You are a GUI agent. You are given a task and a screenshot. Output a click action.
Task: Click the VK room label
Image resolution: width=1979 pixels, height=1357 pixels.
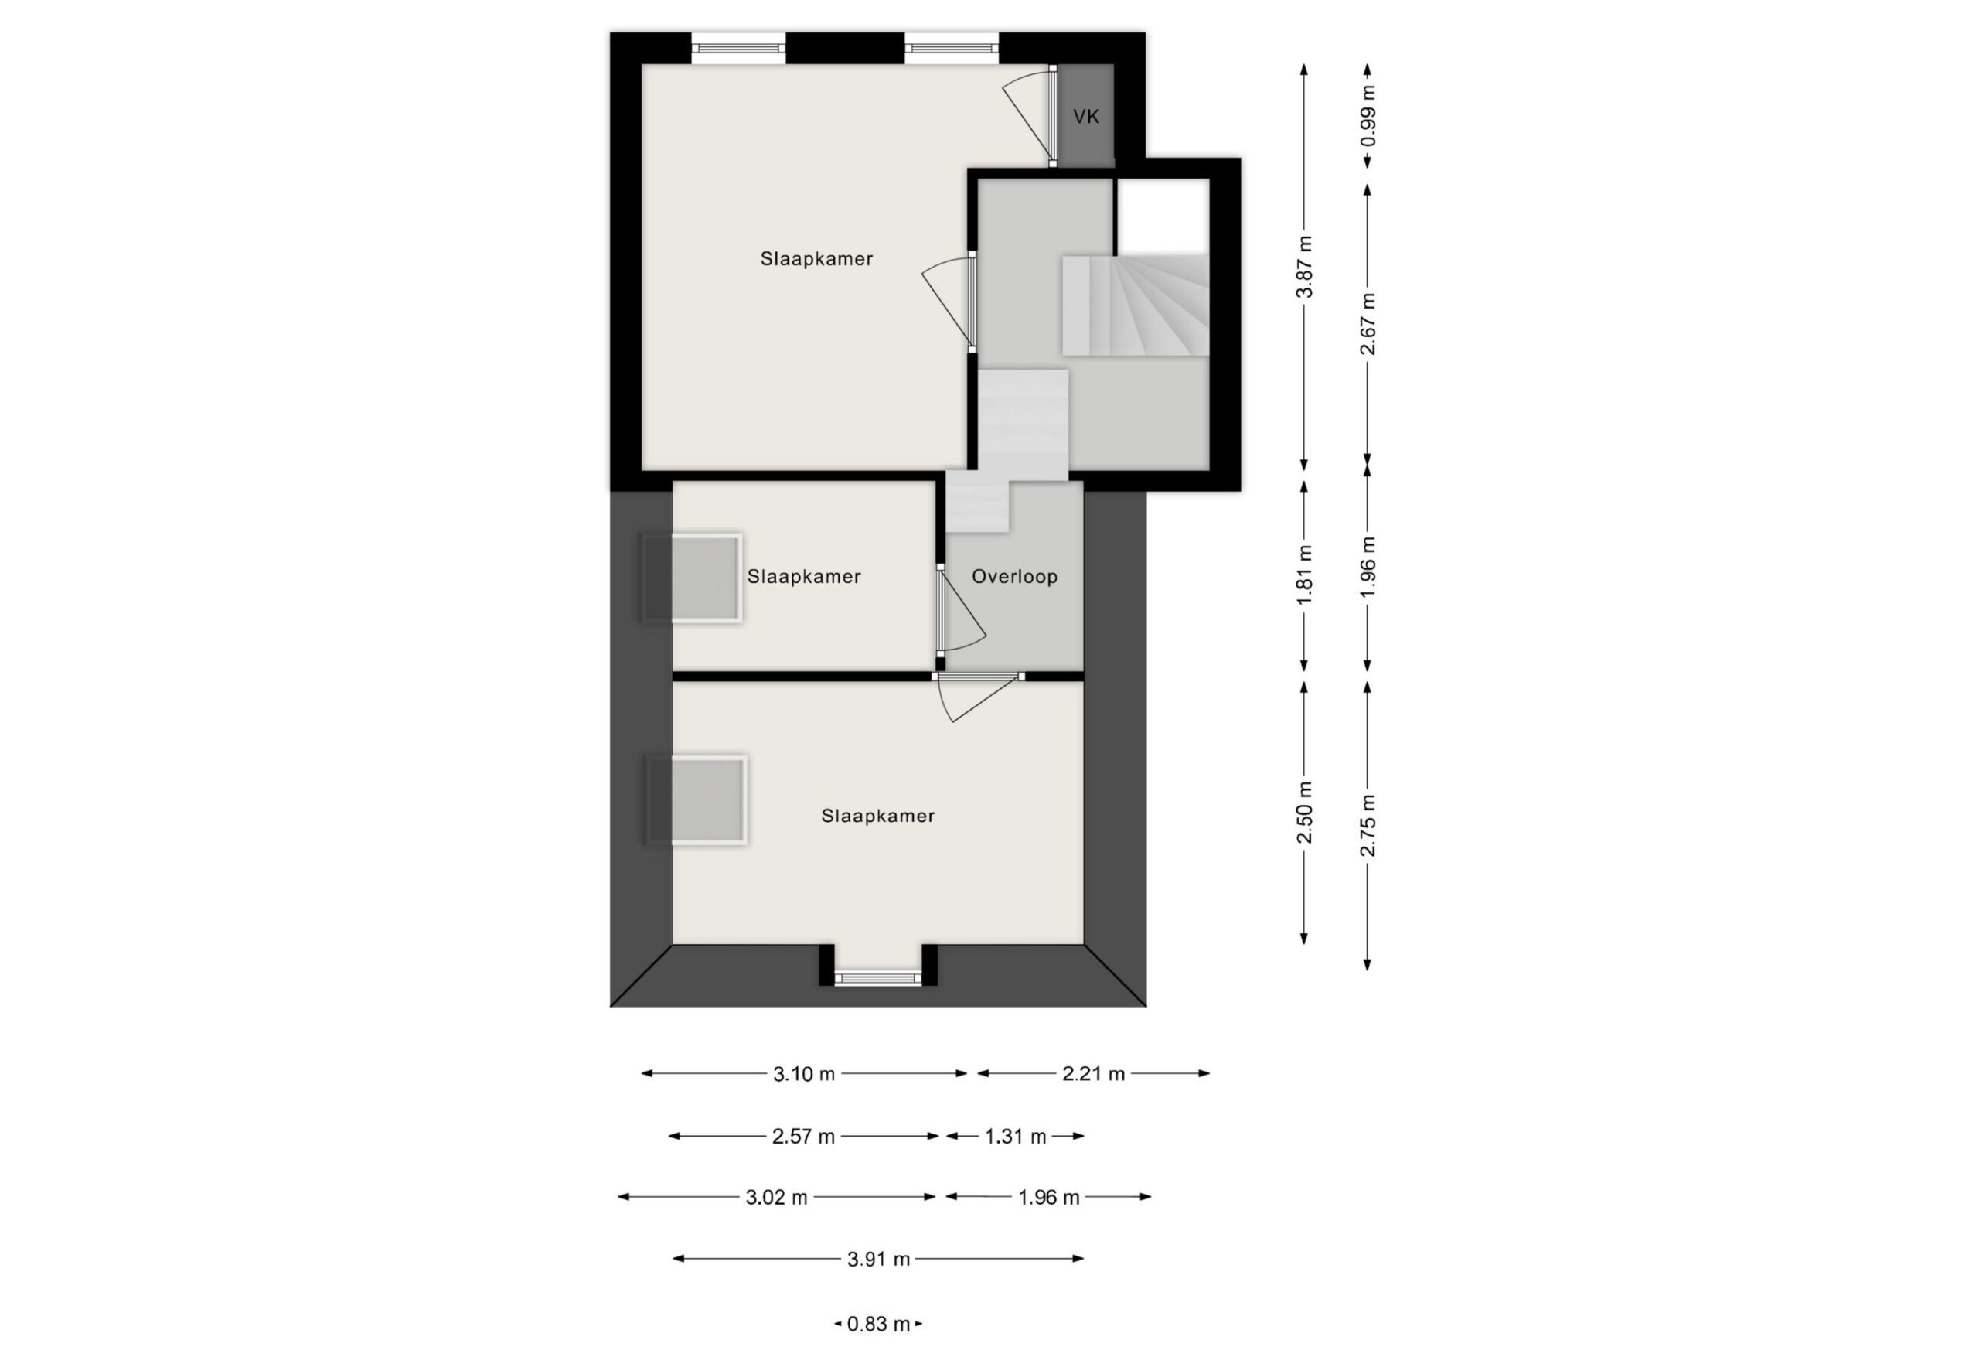coord(1085,117)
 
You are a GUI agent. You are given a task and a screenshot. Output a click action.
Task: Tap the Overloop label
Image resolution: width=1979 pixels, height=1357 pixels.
coord(1015,577)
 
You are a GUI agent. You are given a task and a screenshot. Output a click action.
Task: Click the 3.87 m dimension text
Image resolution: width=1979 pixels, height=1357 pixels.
coord(1303,267)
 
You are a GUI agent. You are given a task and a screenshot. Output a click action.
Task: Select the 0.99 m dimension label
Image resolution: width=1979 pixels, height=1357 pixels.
coord(1368,116)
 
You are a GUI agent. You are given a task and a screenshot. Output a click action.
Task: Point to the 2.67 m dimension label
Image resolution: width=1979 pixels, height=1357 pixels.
coord(1368,324)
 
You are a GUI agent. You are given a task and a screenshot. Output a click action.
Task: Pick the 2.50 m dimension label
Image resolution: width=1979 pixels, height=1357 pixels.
coord(1303,812)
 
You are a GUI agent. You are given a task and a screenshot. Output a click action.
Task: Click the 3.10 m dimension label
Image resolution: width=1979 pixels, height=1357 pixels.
coord(804,1074)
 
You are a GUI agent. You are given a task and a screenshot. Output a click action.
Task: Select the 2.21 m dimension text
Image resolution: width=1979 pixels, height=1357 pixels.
coord(1093,1074)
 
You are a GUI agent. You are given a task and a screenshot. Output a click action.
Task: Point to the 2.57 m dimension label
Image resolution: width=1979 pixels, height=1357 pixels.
coord(803,1137)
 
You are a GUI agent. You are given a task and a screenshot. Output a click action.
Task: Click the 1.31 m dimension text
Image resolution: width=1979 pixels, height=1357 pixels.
coord(1015,1137)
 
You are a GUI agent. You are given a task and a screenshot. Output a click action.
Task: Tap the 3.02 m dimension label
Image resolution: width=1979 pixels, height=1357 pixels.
coord(777,1198)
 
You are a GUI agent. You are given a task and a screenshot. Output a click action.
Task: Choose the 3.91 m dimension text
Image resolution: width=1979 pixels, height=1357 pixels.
coord(879,1259)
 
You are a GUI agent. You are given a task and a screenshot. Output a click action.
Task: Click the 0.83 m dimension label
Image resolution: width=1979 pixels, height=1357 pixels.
coord(879,1325)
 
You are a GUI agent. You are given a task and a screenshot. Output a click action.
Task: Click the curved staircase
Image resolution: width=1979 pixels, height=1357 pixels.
coord(1135,304)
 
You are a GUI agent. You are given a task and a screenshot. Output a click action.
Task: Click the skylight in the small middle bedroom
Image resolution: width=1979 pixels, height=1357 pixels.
coord(691,578)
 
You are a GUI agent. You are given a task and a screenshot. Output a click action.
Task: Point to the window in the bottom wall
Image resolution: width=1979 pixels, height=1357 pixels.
coord(878,978)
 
